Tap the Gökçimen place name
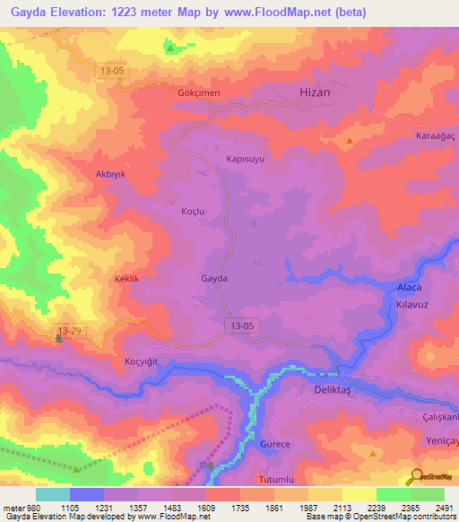[x=198, y=92]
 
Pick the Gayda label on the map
[x=214, y=278]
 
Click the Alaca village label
[x=409, y=287]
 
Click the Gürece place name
[x=275, y=444]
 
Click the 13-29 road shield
[x=70, y=331]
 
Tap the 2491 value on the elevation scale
[x=445, y=509]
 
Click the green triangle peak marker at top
[x=170, y=47]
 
